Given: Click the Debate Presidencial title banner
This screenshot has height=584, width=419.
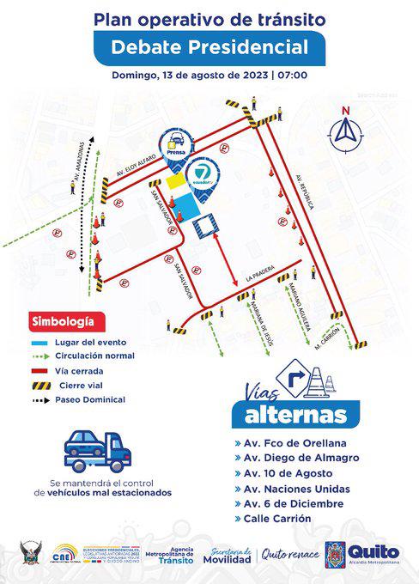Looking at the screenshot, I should (x=209, y=46).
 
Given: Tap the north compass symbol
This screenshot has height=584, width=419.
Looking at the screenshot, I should (x=346, y=129).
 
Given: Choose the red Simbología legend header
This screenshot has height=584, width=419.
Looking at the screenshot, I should (x=64, y=322).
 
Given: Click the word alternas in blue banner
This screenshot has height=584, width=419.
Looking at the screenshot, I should (x=295, y=416).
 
